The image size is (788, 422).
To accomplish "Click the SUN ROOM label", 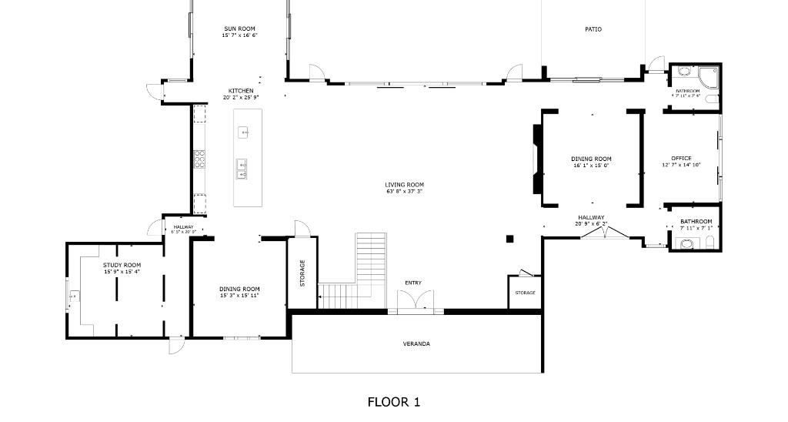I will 239,28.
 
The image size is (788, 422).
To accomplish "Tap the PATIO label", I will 593,29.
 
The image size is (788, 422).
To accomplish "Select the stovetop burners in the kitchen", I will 200,159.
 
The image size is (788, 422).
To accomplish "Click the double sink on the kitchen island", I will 242,169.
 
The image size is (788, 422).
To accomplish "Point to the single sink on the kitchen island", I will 244,133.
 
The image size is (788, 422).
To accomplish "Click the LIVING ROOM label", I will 404,184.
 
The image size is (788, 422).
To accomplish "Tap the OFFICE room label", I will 681,159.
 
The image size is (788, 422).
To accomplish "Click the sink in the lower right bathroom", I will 686,243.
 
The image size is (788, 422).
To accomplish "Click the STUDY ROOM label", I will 122,265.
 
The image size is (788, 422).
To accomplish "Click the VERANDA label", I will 416,343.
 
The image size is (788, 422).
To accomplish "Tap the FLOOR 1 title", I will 393,401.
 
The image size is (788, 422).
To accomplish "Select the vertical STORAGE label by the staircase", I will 302,273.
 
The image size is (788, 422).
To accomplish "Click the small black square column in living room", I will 509,239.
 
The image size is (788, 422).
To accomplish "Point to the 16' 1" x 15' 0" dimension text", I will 592,166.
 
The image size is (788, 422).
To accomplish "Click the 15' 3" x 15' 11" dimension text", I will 239,296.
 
